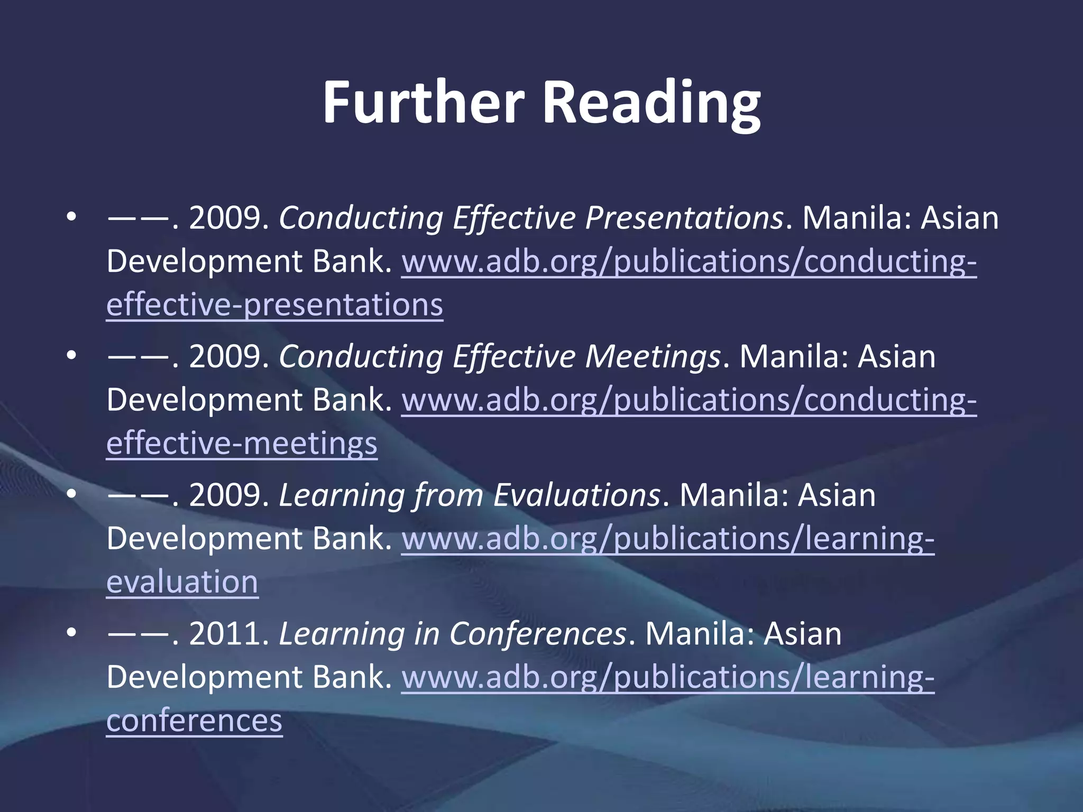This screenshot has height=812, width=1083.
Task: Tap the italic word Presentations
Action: point(684,218)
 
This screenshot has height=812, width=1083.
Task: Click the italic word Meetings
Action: point(653,356)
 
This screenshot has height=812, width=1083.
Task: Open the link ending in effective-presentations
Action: point(274,305)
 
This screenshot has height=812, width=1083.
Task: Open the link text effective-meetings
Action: point(242,444)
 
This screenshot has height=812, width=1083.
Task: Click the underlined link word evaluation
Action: point(182,582)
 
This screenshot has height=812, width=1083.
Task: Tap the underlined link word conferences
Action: point(194,721)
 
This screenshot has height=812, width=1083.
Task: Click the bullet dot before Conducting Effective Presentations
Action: point(72,217)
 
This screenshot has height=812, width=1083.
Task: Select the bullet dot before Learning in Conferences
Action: point(72,633)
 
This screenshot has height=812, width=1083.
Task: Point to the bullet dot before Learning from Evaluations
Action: point(72,494)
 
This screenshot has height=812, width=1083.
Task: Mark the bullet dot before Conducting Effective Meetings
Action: point(72,356)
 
